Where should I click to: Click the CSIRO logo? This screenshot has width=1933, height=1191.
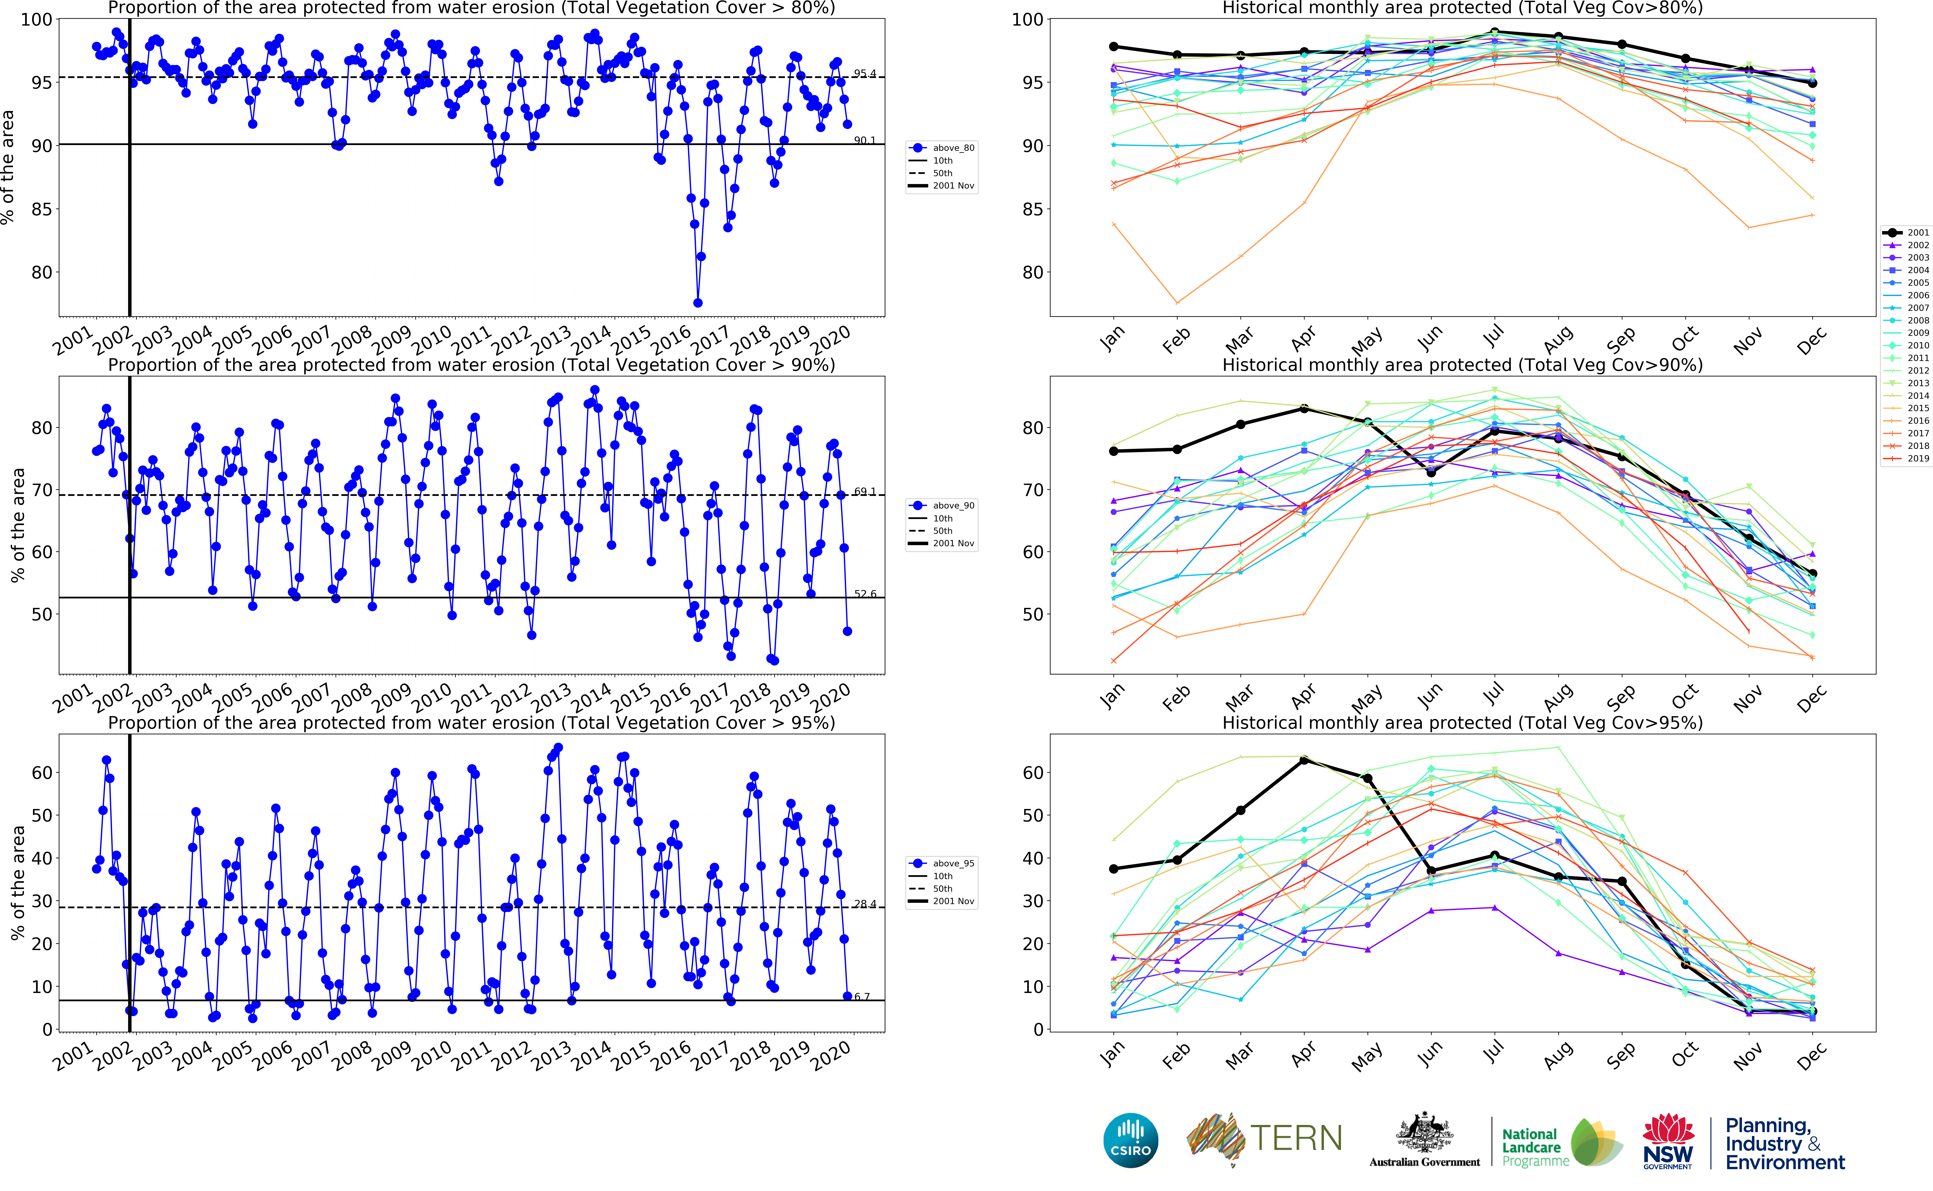click(x=1131, y=1140)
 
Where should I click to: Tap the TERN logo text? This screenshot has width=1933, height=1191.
click(x=1296, y=1138)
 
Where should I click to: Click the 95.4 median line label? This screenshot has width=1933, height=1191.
click(x=865, y=73)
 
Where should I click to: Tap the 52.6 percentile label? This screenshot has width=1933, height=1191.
click(x=865, y=594)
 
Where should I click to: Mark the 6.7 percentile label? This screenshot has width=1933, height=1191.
click(x=862, y=996)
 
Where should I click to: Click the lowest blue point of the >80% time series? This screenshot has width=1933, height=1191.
click(x=698, y=302)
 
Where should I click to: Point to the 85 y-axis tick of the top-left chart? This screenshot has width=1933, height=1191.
click(x=41, y=210)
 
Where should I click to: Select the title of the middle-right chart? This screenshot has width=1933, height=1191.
click(x=1462, y=365)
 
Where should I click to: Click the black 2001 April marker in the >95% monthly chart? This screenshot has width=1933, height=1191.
click(x=1304, y=760)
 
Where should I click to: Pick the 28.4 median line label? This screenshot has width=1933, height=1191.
click(x=865, y=903)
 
